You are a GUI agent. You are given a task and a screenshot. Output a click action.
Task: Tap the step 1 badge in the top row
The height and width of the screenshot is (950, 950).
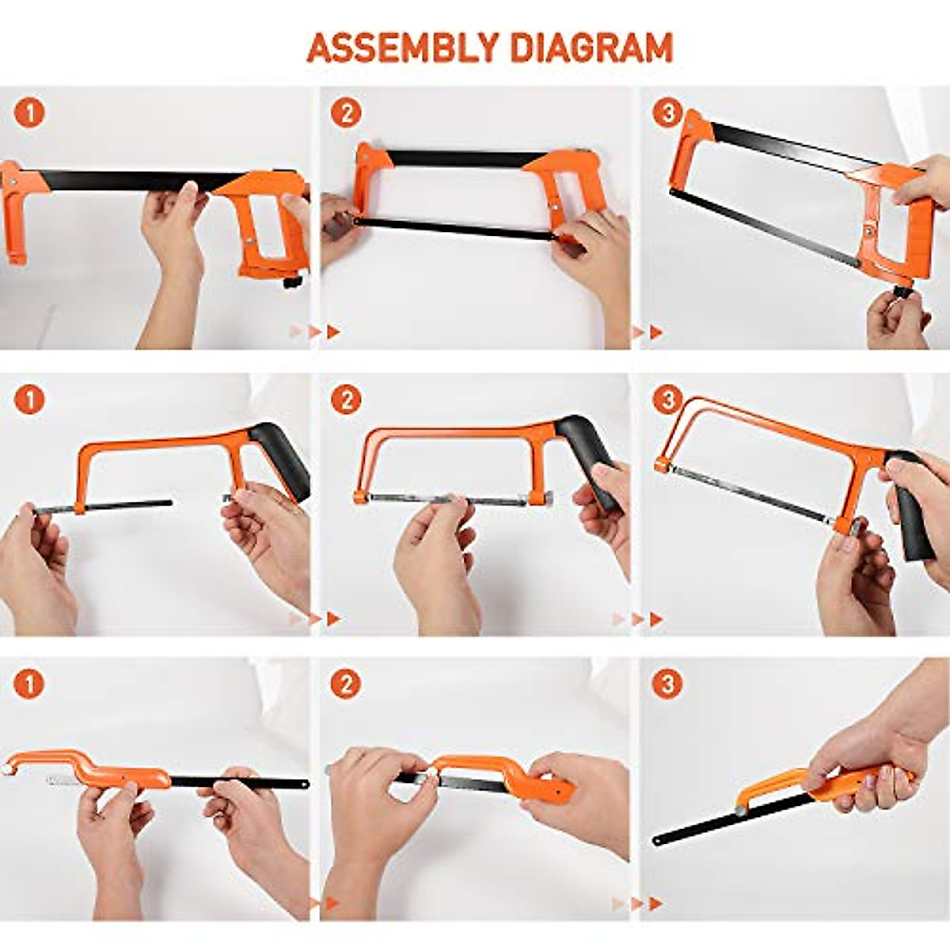click(x=30, y=113)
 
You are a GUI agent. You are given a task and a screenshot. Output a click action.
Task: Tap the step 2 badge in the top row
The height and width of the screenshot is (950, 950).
click(x=345, y=113)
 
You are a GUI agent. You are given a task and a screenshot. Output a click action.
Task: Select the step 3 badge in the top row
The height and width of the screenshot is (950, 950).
click(x=667, y=113)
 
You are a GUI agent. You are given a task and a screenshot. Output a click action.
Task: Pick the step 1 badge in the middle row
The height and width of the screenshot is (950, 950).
click(x=30, y=400)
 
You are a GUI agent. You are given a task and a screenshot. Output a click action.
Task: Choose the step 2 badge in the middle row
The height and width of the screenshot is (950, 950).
click(x=345, y=400)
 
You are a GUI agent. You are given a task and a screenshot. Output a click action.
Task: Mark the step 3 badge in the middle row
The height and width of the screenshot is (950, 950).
click(x=667, y=400)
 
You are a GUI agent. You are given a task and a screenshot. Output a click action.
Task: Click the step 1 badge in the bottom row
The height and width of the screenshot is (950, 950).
click(x=30, y=684)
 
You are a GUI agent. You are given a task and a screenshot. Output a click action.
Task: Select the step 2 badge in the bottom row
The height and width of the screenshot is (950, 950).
click(x=345, y=684)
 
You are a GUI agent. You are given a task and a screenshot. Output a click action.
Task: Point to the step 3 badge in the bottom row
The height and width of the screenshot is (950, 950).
click(x=667, y=684)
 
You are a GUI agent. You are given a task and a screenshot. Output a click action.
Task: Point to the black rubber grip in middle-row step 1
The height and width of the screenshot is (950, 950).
click(x=281, y=459)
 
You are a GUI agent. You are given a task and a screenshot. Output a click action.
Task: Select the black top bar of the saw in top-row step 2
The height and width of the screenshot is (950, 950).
click(x=459, y=158)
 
